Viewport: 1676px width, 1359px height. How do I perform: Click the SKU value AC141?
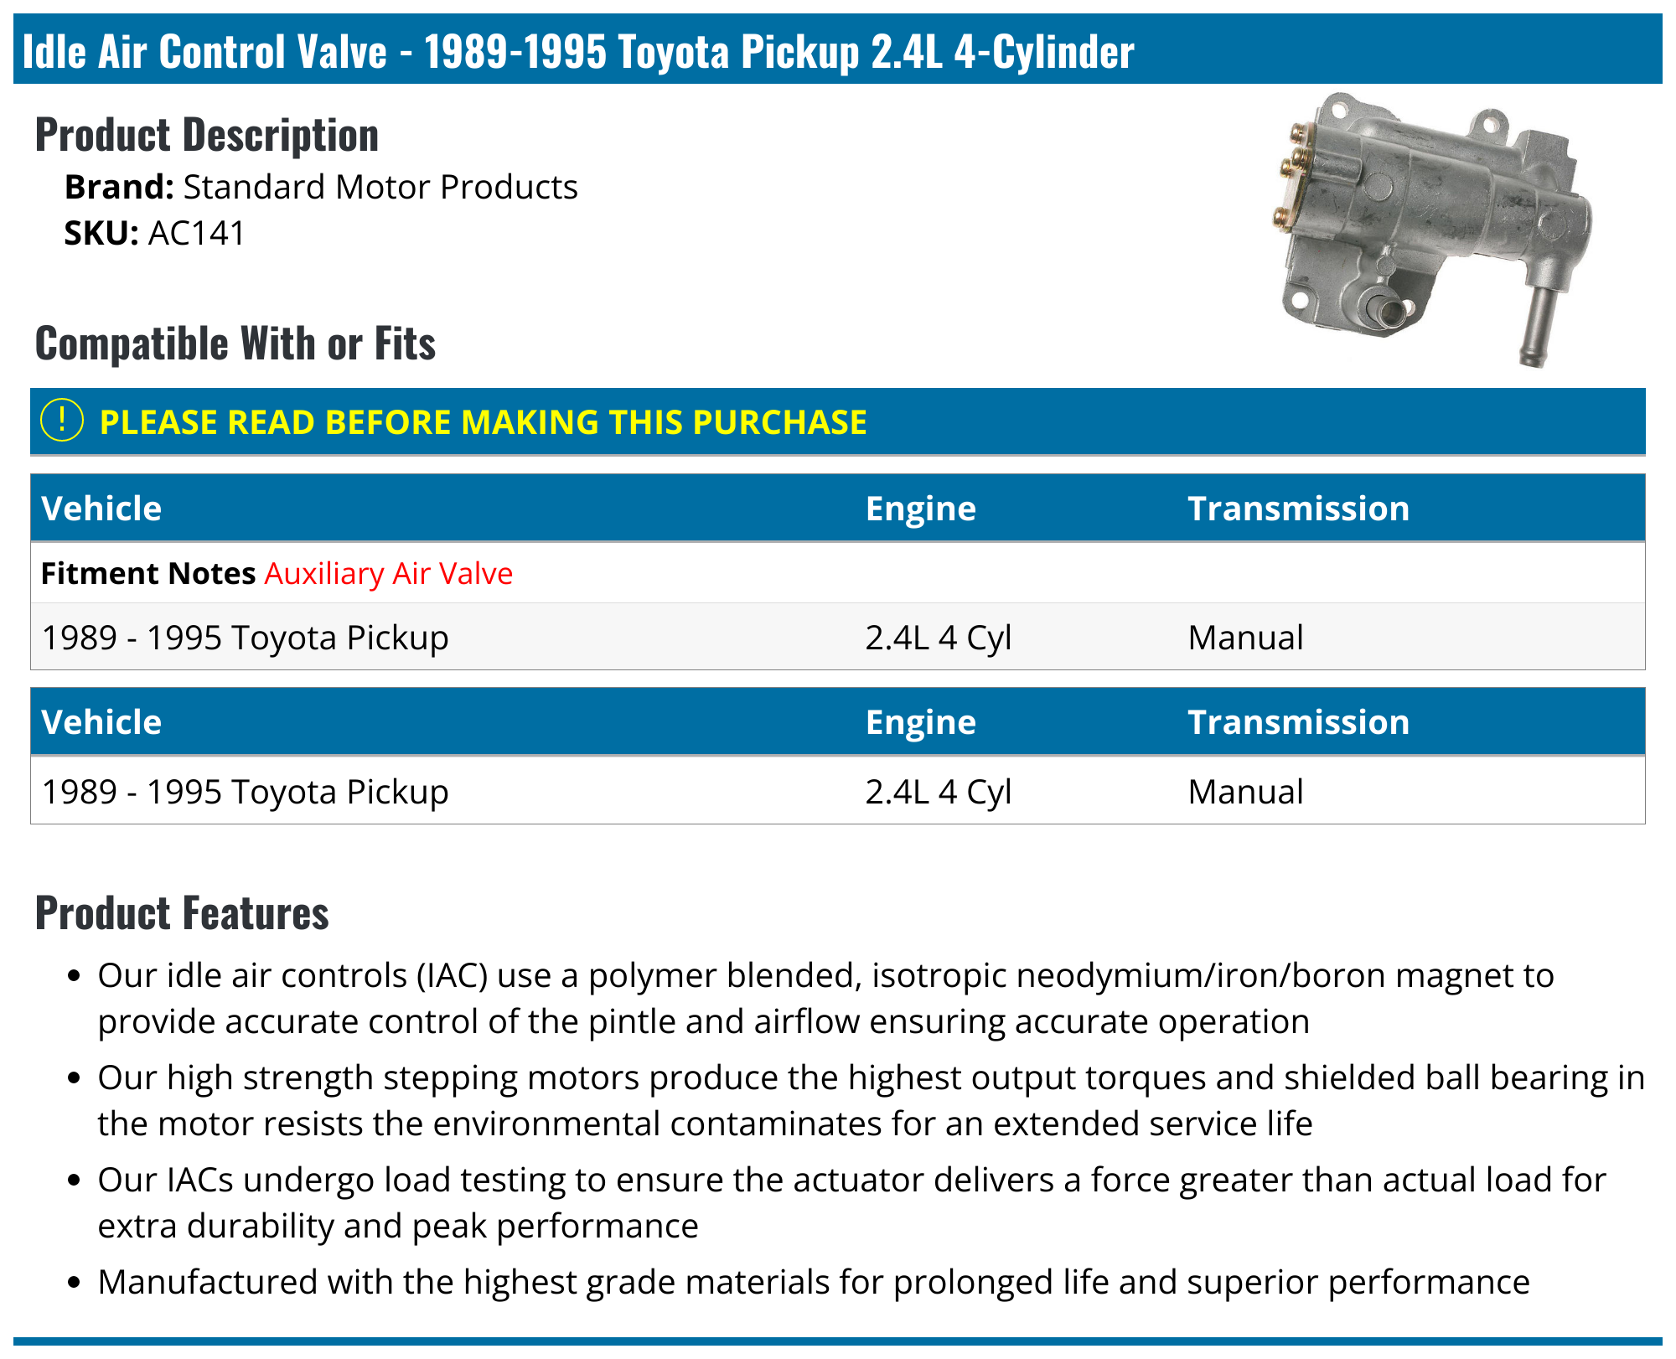[196, 234]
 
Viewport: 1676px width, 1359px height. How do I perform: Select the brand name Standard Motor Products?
[380, 188]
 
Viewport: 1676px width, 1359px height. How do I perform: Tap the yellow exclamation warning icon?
[62, 421]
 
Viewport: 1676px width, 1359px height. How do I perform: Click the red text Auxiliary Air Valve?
[389, 574]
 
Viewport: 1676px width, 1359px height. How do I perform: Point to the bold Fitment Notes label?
[148, 574]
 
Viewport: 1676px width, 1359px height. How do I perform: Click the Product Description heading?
[207, 136]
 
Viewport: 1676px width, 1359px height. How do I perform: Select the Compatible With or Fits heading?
[235, 344]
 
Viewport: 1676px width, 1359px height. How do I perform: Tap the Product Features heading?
[182, 913]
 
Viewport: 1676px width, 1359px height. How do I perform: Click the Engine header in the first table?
[920, 509]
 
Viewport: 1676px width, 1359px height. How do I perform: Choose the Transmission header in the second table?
[1298, 723]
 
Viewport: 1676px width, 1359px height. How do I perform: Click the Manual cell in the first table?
[1245, 638]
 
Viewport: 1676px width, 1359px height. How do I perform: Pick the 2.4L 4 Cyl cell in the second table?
[938, 793]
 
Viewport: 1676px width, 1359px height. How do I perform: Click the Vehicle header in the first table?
[101, 509]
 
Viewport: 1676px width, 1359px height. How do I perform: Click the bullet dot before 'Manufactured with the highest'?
[75, 1283]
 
